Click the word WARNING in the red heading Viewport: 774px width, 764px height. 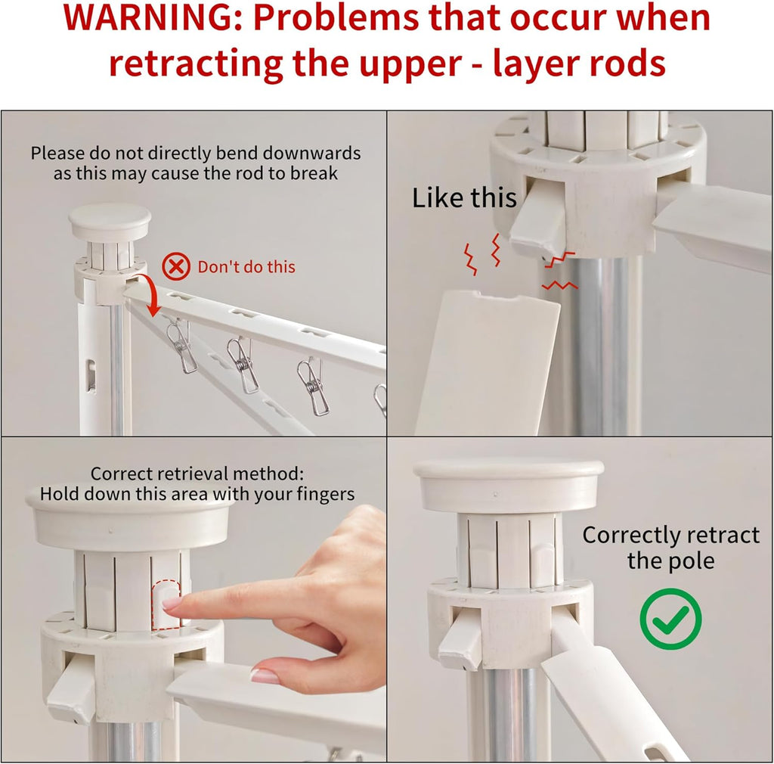[150, 20]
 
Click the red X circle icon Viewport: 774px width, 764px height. [177, 266]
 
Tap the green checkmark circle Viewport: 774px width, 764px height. [670, 619]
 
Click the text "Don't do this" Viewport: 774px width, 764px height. [246, 267]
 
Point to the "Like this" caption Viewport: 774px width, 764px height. [463, 198]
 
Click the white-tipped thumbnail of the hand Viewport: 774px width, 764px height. [265, 675]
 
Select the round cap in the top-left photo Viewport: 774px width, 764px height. [110, 222]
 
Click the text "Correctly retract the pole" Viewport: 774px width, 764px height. [670, 548]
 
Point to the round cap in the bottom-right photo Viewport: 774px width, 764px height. [509, 485]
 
